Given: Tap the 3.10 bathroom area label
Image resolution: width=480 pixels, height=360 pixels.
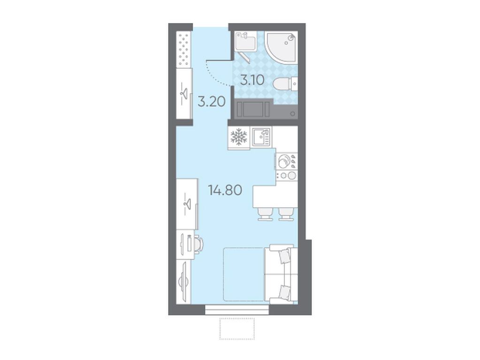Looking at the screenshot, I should pyautogui.click(x=252, y=80).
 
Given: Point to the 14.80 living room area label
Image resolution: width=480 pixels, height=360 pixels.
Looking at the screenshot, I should pyautogui.click(x=225, y=190).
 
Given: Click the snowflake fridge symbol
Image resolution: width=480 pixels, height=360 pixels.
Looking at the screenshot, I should pyautogui.click(x=239, y=137).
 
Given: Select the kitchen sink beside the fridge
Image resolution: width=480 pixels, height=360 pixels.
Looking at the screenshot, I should pyautogui.click(x=260, y=137).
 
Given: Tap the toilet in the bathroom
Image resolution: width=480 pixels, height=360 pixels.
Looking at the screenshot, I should pyautogui.click(x=283, y=84).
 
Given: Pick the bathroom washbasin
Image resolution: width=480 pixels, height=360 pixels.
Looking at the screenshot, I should pyautogui.click(x=245, y=41).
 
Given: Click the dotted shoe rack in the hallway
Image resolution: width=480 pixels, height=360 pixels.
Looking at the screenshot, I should pyautogui.click(x=184, y=49).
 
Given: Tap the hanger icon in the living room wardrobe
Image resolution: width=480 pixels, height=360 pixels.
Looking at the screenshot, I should pyautogui.click(x=187, y=203).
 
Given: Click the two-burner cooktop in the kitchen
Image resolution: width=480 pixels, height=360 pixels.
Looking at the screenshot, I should pyautogui.click(x=287, y=175).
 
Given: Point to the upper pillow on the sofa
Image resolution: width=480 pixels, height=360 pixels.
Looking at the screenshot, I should pyautogui.click(x=285, y=256).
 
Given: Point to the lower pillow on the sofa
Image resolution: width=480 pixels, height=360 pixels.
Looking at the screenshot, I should pyautogui.click(x=285, y=292).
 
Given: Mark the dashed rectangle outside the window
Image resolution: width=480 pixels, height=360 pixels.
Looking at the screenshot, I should pyautogui.click(x=237, y=328).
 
